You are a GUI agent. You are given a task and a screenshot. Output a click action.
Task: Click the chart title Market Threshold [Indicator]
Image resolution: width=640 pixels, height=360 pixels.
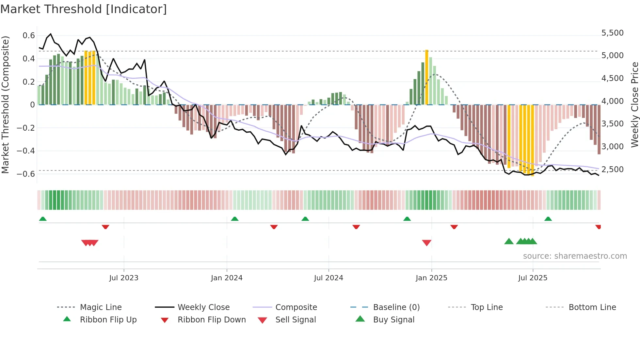pos(84,9)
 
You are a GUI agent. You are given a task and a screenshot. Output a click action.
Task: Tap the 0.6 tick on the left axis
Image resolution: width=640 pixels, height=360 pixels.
pos(29,36)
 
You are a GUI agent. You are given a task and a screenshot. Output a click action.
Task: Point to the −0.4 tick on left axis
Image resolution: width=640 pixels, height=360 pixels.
pos(26,151)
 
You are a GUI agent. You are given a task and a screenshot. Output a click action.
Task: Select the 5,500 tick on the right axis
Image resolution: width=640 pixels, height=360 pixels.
pos(613,33)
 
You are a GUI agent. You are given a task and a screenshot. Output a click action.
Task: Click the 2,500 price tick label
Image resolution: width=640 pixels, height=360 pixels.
pos(613,170)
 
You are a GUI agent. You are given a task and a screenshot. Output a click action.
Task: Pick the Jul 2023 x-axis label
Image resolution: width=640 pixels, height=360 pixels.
pos(124,278)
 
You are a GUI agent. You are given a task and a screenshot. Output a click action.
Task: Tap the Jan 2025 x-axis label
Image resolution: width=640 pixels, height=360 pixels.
pos(431,278)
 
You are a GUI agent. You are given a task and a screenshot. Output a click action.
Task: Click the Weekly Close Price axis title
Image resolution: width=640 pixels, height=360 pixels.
pos(634,105)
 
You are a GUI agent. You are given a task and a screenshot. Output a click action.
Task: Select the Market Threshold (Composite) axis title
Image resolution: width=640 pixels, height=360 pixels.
pos(5,105)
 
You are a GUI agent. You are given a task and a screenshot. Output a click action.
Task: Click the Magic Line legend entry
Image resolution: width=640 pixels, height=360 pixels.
pos(101,307)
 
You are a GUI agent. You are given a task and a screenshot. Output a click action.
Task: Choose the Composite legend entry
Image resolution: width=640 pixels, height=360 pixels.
pos(296,307)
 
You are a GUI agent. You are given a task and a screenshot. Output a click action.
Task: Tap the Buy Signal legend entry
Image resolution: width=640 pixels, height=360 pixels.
pos(393,320)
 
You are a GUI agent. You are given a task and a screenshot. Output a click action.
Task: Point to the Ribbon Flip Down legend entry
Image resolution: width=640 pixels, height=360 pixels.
pos(211,320)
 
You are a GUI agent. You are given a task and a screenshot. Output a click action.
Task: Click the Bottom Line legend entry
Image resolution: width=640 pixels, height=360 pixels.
pos(592,307)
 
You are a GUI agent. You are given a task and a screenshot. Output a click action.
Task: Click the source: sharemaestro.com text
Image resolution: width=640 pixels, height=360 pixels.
pos(575,256)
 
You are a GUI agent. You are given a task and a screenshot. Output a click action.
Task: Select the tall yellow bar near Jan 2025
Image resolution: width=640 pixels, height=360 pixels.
pos(427,77)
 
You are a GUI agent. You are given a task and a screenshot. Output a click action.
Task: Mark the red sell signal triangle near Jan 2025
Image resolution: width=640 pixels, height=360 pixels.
pos(427,242)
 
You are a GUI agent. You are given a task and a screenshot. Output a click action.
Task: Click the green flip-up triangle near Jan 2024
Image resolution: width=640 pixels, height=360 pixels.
pos(235,219)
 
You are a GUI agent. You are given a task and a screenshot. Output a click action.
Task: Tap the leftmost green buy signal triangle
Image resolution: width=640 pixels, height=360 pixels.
pos(509,242)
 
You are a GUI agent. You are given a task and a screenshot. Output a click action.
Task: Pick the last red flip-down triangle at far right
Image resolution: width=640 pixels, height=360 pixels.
pos(598,227)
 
